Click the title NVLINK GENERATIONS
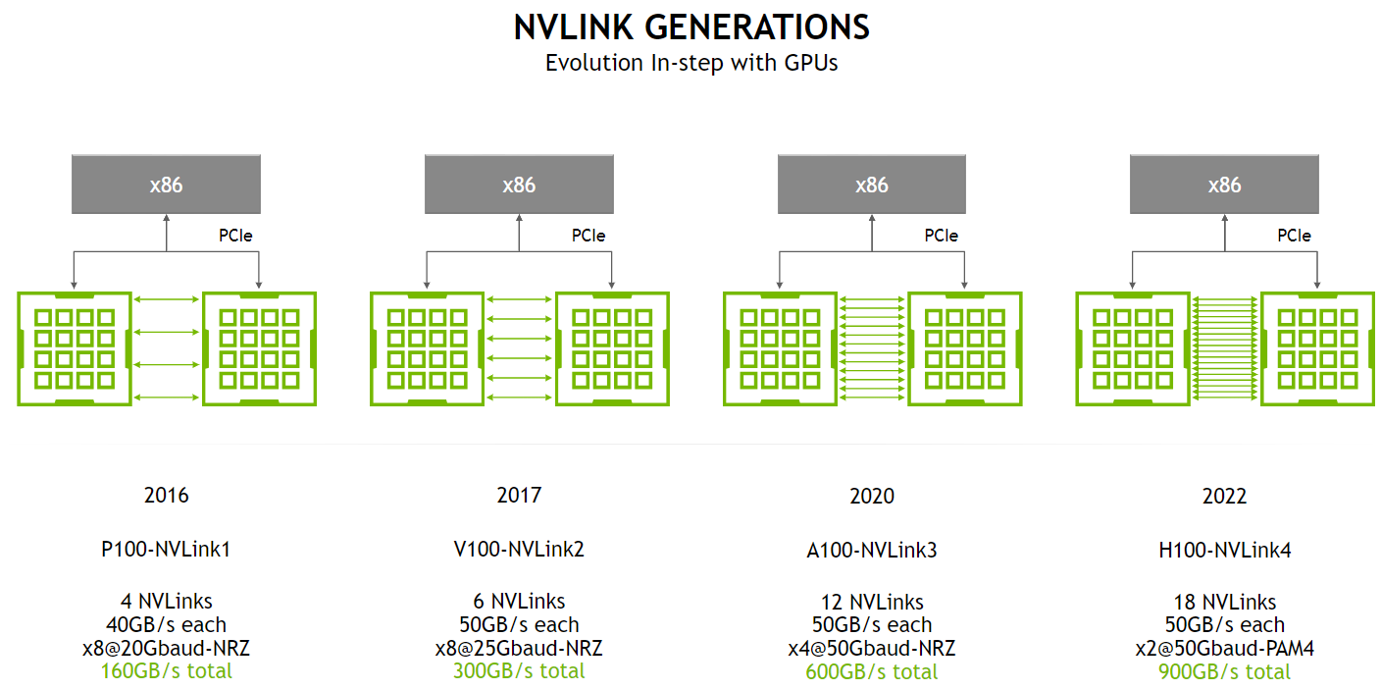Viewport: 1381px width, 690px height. click(690, 27)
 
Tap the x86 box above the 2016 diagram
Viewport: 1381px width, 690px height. click(166, 185)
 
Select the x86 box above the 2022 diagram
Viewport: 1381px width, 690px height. click(1224, 185)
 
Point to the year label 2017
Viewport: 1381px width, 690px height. click(519, 495)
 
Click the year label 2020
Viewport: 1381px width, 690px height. click(872, 496)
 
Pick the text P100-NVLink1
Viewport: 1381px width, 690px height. click(166, 550)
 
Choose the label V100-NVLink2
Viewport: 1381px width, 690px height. click(519, 550)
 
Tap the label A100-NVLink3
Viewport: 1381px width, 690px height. click(872, 551)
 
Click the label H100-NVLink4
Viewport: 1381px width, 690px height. click(1224, 551)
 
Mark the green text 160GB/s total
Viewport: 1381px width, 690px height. click(166, 671)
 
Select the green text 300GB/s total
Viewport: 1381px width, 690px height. click(519, 671)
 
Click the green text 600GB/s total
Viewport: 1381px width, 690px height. click(872, 672)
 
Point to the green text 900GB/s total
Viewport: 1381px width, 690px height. click(1224, 672)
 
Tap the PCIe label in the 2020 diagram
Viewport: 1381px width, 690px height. click(941, 236)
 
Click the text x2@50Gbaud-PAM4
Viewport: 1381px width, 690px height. click(1224, 649)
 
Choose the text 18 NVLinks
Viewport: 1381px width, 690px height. click(1224, 602)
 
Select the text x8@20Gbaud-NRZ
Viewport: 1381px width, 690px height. click(166, 648)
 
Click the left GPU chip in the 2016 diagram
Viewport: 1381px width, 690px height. click(76, 348)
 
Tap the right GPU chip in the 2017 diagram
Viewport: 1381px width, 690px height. click(613, 348)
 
